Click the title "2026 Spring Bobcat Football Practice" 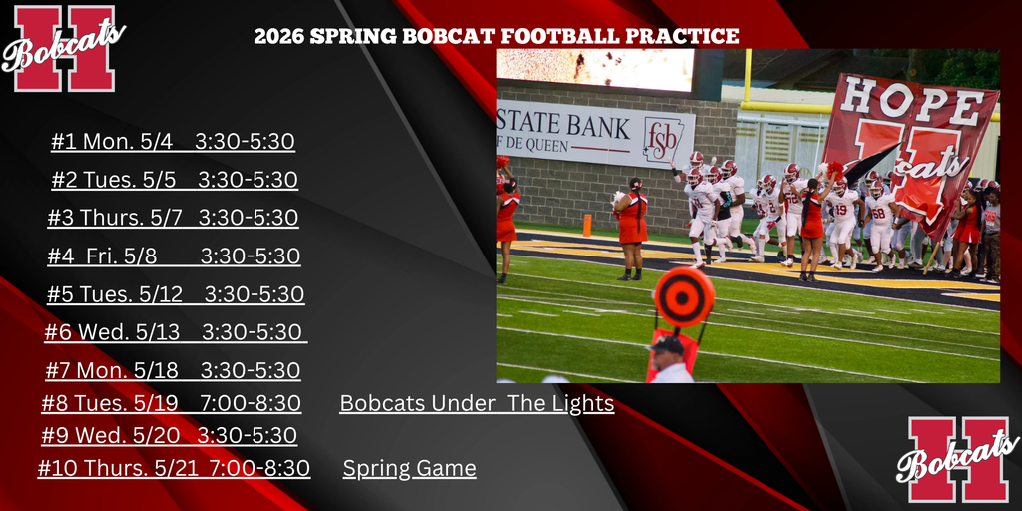click(x=496, y=37)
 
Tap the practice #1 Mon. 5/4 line click(x=173, y=142)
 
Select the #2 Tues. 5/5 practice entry click(x=175, y=180)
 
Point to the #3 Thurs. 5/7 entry click(x=174, y=218)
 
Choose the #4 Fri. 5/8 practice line click(x=174, y=256)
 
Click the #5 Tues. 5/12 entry click(x=176, y=294)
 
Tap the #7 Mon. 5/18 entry click(x=173, y=370)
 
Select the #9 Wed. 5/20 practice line click(x=169, y=436)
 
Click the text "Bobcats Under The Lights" click(x=476, y=403)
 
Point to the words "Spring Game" click(x=409, y=468)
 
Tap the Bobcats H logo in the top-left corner click(x=63, y=47)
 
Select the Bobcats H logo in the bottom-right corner click(x=957, y=459)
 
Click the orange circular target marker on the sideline click(x=684, y=296)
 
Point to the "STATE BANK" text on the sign click(x=564, y=127)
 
